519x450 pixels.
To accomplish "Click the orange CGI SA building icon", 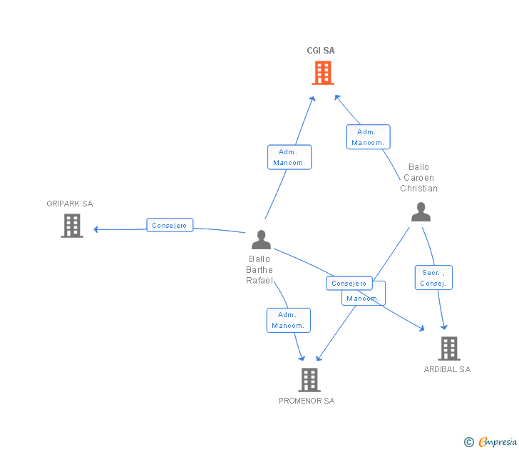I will pyautogui.click(x=323, y=72).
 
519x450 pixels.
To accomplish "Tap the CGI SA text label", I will pyautogui.click(x=321, y=51).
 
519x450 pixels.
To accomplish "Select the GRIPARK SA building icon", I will pyautogui.click(x=72, y=226).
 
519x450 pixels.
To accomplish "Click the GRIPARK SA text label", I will pyautogui.click(x=70, y=204).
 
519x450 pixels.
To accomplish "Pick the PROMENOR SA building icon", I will pyautogui.click(x=309, y=380).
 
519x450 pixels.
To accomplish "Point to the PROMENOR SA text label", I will pyautogui.click(x=307, y=401).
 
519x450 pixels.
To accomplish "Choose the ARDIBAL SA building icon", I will pyautogui.click(x=448, y=349).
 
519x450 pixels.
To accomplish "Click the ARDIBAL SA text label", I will pyautogui.click(x=447, y=369).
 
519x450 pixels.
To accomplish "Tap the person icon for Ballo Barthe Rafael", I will pyautogui.click(x=261, y=240).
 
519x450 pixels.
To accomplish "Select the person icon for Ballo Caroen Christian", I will pyautogui.click(x=421, y=212).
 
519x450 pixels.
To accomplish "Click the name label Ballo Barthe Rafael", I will pyautogui.click(x=259, y=270).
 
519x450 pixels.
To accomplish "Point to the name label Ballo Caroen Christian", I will pyautogui.click(x=418, y=178).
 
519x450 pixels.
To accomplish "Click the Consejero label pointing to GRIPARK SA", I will pyautogui.click(x=170, y=226).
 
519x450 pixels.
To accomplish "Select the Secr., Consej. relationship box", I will pyautogui.click(x=433, y=278).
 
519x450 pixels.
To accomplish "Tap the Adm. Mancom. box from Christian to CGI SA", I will pyautogui.click(x=368, y=137).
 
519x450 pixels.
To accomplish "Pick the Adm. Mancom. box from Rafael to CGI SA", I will pyautogui.click(x=289, y=157).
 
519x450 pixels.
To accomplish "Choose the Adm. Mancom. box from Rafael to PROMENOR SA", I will pyautogui.click(x=289, y=320).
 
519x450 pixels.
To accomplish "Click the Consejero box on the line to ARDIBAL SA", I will pyautogui.click(x=349, y=284).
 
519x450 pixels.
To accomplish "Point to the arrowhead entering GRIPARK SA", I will pyautogui.click(x=96, y=229).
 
